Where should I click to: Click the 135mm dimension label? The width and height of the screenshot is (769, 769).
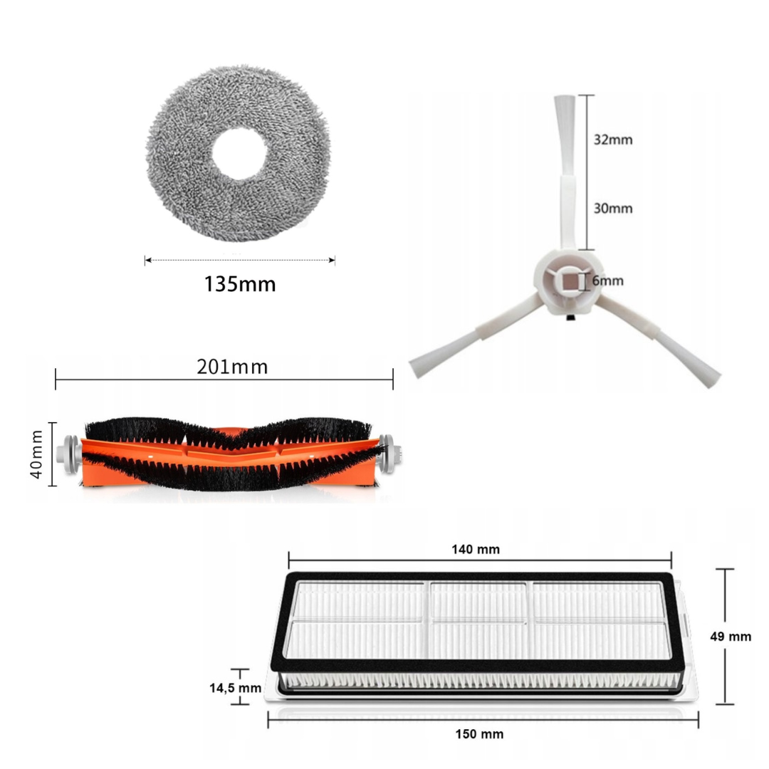coord(240,284)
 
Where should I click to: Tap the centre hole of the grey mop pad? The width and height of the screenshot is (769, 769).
coord(239,154)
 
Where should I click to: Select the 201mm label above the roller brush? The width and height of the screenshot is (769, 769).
coord(232,367)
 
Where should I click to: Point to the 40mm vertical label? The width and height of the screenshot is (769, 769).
coord(37,454)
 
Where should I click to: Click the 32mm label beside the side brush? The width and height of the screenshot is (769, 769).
coord(613,140)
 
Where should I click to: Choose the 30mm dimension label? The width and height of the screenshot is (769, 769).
coord(613,209)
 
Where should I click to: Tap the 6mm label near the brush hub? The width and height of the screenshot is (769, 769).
coord(607,281)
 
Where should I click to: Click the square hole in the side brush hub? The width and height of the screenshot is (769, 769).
coord(568,282)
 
